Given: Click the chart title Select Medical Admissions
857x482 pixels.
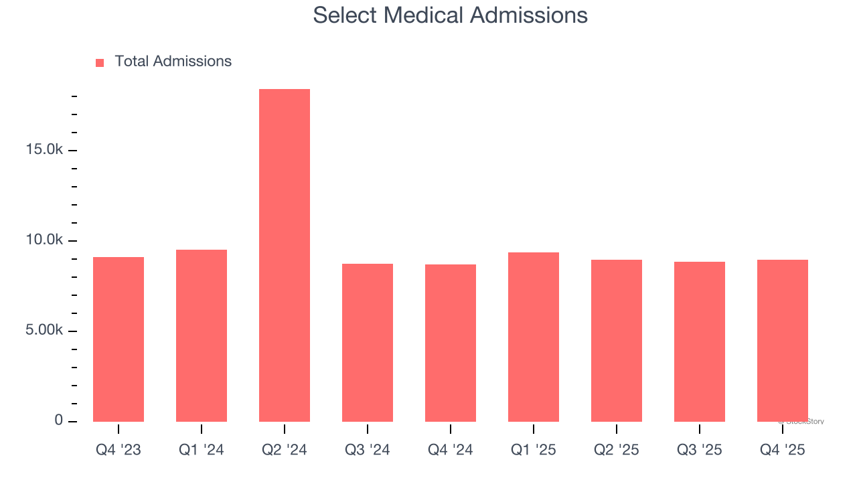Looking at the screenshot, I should click(450, 15).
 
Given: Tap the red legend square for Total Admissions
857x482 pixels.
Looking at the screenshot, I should click(100, 63).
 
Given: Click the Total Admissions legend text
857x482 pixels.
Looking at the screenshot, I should click(173, 62).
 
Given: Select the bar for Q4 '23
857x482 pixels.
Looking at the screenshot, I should click(119, 339).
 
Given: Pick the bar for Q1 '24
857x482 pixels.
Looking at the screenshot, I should click(202, 335).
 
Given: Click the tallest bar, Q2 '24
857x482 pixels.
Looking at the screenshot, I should click(285, 255).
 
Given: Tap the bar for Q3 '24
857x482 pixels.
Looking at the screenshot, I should click(368, 343).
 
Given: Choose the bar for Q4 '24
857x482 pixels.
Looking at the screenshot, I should click(451, 343).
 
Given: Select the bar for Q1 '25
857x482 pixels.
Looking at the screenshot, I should click(534, 337).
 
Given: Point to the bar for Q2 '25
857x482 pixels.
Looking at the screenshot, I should click(617, 341).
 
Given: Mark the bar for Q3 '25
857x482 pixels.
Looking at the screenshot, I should click(700, 341).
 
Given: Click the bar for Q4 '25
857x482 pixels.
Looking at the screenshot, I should click(783, 341).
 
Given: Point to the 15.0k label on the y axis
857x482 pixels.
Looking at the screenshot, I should click(45, 150).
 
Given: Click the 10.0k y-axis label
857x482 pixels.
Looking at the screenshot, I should click(45, 240).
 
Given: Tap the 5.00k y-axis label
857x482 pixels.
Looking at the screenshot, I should click(45, 331).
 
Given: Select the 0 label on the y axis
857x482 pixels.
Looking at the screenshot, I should click(58, 421).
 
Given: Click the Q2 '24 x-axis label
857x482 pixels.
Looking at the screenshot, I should click(285, 450).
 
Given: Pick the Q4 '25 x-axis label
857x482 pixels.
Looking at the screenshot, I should click(783, 450).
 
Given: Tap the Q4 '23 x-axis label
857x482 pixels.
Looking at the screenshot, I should click(119, 450).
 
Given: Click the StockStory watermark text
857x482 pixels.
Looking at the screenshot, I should click(801, 422).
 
